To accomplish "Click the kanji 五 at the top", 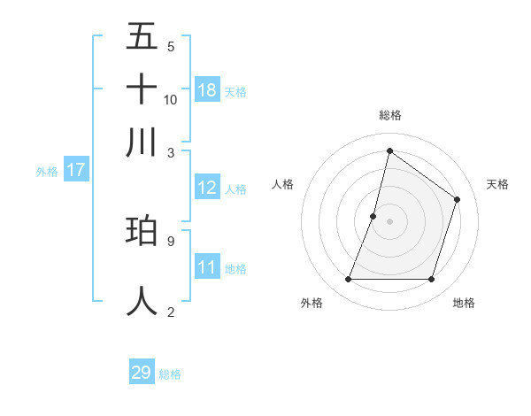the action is (x=142, y=37).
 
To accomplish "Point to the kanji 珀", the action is (x=142, y=231).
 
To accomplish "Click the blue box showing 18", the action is (x=207, y=90).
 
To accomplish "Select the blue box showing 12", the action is (x=207, y=188).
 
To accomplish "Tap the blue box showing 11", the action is (x=207, y=267).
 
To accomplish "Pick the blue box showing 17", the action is (x=75, y=170).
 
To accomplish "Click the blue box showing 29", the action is (x=142, y=373).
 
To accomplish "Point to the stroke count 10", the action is (x=171, y=99).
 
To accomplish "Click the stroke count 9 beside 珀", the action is (x=170, y=240).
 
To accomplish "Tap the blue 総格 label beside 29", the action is (x=171, y=374).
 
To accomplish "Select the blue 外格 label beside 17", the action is (x=47, y=172).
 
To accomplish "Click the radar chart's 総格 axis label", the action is (x=389, y=116).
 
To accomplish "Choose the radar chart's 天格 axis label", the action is (x=497, y=184).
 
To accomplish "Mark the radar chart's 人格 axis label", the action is (x=282, y=184).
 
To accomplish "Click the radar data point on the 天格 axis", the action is (x=458, y=199).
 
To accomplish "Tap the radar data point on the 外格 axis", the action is (x=348, y=280).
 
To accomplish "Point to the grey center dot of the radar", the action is (x=389, y=221).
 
